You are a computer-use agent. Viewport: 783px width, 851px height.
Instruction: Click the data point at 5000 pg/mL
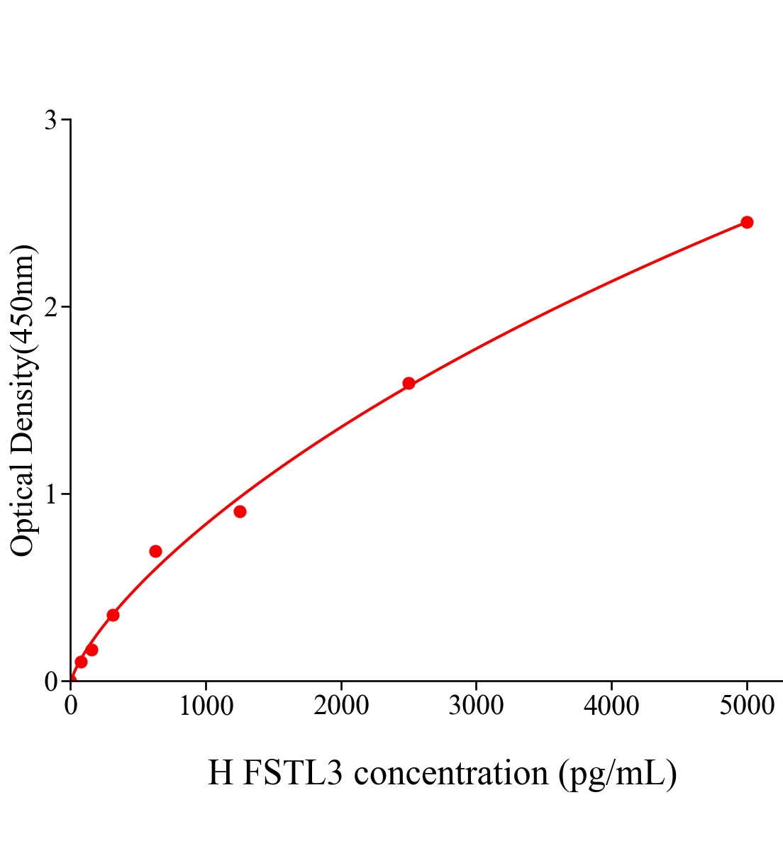[747, 222]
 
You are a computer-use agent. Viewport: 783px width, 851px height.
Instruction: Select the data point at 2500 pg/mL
[409, 383]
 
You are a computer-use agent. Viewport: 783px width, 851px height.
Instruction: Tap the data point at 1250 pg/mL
[240, 511]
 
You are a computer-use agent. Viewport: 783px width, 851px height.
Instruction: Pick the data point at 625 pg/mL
[155, 551]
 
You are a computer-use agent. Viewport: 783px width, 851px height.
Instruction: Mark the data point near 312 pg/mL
[113, 615]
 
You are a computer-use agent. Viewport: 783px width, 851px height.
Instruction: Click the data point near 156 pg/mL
[91, 650]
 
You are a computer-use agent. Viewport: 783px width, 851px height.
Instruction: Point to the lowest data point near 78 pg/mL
[81, 662]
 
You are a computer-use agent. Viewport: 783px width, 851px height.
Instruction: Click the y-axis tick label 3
[50, 121]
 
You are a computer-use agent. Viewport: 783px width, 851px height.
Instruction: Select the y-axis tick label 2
[50, 307]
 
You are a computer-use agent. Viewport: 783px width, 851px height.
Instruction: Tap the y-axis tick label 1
[50, 494]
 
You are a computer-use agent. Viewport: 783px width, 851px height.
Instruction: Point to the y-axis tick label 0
[50, 681]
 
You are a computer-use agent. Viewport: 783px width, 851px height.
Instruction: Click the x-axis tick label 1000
[206, 706]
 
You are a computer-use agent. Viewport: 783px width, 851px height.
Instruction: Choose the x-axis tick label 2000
[341, 706]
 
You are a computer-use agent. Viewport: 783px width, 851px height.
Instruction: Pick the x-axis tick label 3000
[476, 706]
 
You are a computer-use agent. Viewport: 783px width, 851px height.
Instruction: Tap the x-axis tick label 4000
[611, 706]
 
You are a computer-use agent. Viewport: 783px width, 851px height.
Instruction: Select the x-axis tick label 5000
[747, 706]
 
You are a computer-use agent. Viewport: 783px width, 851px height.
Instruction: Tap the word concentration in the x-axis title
[451, 773]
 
